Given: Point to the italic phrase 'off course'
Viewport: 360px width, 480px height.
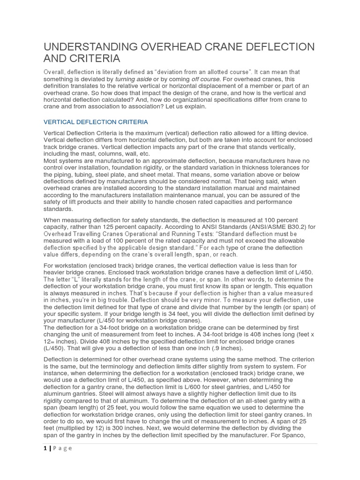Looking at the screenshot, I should [207, 79].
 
